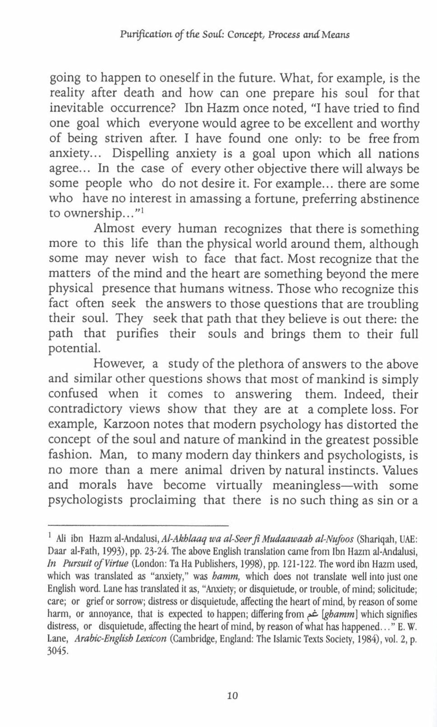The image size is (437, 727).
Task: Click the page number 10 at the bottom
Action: (x=232, y=695)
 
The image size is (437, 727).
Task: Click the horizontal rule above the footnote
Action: (x=138, y=525)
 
